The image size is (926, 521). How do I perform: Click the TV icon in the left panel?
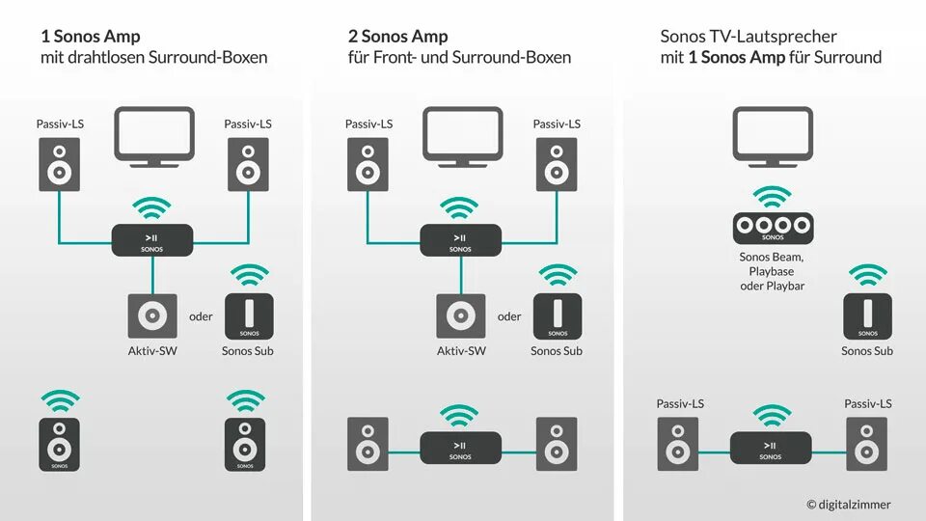point(154,133)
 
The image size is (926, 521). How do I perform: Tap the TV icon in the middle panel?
point(463,133)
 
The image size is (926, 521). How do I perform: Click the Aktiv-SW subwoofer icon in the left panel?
point(152,315)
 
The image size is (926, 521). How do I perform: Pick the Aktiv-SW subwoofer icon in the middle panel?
point(461,315)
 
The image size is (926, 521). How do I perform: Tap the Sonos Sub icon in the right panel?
point(867,315)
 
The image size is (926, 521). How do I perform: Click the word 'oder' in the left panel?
point(201,316)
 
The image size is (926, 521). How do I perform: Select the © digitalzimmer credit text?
point(849,504)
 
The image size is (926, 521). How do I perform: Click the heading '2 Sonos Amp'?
point(397,37)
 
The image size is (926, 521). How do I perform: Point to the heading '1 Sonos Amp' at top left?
point(90,37)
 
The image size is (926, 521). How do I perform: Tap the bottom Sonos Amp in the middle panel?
point(461,448)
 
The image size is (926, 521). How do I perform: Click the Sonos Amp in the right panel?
point(770,448)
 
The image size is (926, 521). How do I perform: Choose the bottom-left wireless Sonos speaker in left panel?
point(60,445)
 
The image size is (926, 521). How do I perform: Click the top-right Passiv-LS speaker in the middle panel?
point(557,164)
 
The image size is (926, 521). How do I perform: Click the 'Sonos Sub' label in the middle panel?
point(557,351)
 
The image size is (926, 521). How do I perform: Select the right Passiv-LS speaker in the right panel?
point(867,444)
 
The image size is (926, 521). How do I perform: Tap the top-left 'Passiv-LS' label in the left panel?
point(60,123)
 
